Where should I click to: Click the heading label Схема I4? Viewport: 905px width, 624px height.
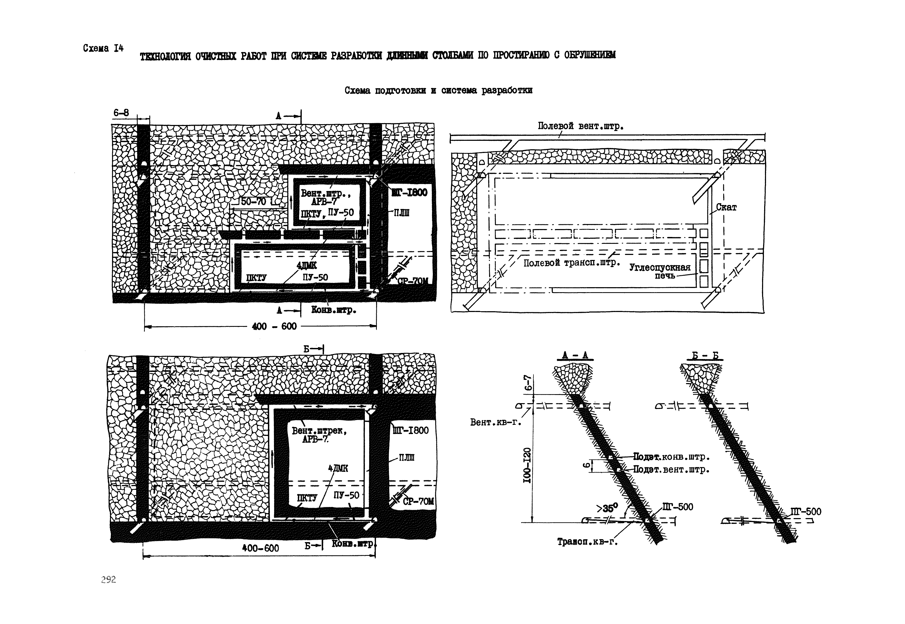click(x=103, y=48)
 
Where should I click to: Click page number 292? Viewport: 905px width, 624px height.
click(x=108, y=579)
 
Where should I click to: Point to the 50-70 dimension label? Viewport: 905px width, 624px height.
click(x=253, y=202)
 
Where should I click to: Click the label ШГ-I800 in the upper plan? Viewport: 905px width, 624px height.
click(x=409, y=192)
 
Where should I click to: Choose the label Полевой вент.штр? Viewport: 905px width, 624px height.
click(x=580, y=126)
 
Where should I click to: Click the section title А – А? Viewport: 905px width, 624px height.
click(x=574, y=355)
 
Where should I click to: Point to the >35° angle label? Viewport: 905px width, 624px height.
click(x=607, y=508)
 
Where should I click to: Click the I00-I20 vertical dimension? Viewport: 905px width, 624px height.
click(x=527, y=465)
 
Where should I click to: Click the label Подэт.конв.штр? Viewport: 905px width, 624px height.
click(x=671, y=457)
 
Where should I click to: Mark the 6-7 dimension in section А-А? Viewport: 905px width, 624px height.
click(x=528, y=383)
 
